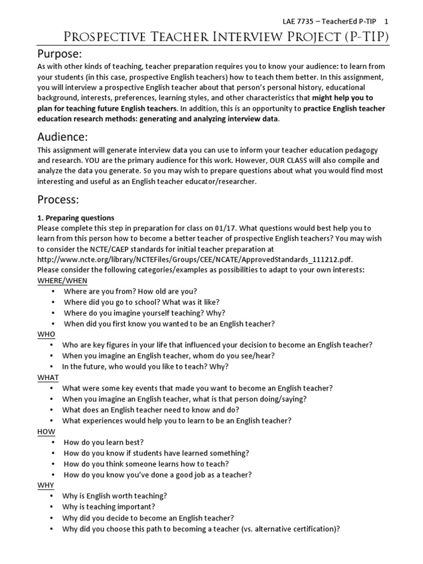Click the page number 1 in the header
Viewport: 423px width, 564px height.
click(387, 21)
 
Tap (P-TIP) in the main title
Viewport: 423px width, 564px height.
click(363, 37)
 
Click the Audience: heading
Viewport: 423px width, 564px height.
click(62, 137)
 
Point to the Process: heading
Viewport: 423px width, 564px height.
click(58, 199)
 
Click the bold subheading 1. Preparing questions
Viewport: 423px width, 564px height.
click(76, 218)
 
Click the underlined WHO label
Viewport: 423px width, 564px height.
click(46, 334)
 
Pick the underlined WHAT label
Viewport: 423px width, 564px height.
click(48, 377)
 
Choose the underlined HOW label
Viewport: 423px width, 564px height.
click(46, 431)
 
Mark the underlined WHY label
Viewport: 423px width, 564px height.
click(46, 485)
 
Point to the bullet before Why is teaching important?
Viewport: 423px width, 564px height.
click(52, 507)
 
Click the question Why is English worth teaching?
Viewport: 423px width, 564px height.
click(114, 496)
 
